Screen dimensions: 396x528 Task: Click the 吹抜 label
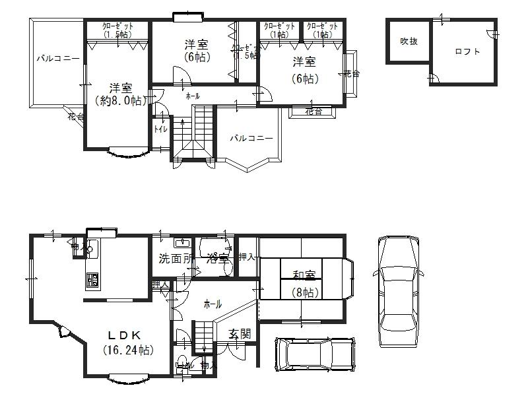coord(409,41)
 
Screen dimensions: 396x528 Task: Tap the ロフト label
coord(467,51)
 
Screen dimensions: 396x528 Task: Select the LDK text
coord(124,333)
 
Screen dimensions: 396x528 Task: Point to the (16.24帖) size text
coord(129,349)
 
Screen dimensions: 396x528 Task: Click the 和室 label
coord(304,275)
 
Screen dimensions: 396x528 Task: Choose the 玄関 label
coord(240,333)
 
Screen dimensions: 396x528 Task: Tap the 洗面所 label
coord(176,258)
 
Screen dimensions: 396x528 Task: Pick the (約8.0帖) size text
coord(120,101)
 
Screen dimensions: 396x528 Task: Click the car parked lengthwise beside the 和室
coord(397,290)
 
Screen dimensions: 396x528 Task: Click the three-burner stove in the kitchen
coord(91,280)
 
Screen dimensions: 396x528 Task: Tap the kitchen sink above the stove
coord(92,249)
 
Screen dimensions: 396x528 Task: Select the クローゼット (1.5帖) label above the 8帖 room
coord(117,30)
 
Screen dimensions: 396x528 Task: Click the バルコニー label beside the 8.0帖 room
coord(57,59)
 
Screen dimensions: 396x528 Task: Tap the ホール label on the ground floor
coord(213,304)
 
